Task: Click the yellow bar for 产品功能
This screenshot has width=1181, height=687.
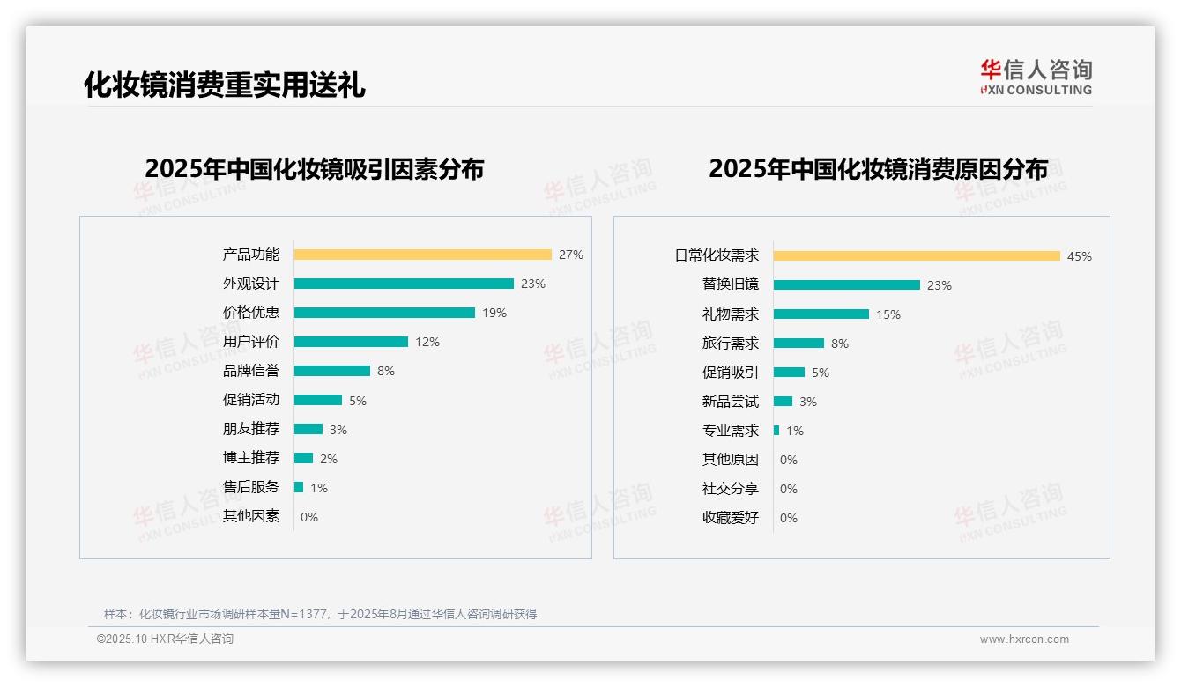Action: click(422, 255)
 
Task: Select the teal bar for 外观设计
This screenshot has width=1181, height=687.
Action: click(404, 284)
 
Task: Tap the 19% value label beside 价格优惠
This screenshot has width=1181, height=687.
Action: click(494, 313)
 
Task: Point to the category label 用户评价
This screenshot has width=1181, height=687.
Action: click(250, 342)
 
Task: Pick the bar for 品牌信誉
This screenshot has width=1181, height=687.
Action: click(332, 371)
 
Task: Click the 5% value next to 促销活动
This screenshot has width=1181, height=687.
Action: click(357, 401)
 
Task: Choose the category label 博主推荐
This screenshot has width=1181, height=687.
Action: click(250, 458)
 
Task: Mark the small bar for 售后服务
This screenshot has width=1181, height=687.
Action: click(299, 487)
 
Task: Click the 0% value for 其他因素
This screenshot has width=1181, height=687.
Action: click(308, 517)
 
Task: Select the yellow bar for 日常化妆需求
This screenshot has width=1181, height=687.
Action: click(917, 256)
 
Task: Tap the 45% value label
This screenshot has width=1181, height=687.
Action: click(1079, 256)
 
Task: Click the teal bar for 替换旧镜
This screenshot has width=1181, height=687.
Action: click(847, 285)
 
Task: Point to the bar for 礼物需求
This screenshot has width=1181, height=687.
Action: click(821, 314)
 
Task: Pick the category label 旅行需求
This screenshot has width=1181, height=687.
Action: click(730, 343)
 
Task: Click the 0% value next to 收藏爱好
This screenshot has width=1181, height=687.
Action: click(788, 518)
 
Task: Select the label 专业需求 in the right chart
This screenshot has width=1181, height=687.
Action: click(730, 431)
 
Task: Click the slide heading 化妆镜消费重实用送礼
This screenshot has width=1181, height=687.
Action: click(224, 85)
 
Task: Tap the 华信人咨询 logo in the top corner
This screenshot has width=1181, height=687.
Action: click(1036, 77)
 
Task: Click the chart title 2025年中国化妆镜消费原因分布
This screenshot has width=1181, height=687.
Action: click(878, 169)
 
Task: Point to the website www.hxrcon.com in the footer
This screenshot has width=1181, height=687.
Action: click(1023, 639)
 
